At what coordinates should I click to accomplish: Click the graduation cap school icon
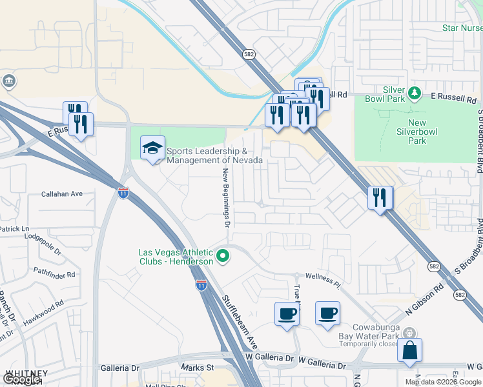[152, 148]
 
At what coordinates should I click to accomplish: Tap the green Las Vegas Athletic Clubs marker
[223, 257]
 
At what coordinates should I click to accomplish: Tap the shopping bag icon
[409, 351]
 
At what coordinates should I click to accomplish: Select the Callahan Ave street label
[62, 193]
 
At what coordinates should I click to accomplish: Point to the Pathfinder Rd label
[54, 273]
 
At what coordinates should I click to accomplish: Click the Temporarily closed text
[369, 345]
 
